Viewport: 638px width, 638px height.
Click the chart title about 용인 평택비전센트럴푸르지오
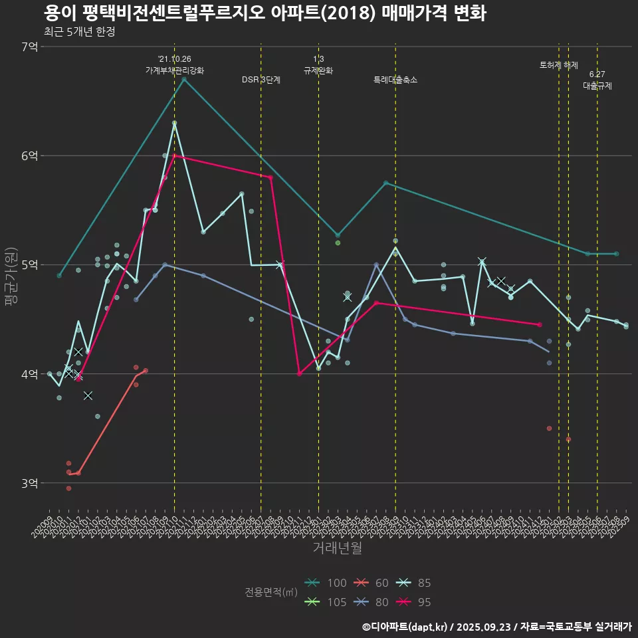pos(265,13)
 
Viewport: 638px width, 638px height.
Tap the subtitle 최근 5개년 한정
pos(79,32)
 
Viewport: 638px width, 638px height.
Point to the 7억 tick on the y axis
pos(30,47)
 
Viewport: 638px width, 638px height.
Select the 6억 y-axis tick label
pos(30,156)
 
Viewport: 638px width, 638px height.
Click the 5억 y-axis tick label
pos(30,265)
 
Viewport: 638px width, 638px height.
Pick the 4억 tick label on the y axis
pos(30,374)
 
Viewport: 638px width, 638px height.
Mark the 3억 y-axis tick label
pos(30,483)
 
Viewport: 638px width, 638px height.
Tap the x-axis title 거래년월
pos(337,548)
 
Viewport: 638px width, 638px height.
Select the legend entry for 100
pos(326,583)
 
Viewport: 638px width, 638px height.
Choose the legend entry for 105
pos(326,602)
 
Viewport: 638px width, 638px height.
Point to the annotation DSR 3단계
pos(261,80)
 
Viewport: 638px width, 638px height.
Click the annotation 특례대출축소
pos(395,80)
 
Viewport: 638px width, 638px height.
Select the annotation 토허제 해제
pos(558,65)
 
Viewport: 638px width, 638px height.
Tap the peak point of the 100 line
pos(184,80)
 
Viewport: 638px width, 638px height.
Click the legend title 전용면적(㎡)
pos(270,592)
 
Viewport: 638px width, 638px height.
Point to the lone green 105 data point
pos(338,243)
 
